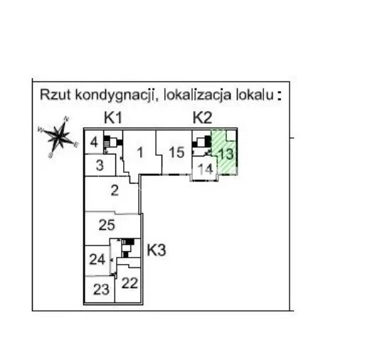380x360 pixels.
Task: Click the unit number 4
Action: [x=94, y=142]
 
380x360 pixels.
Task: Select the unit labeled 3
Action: [x=100, y=166]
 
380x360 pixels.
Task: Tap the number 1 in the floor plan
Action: [x=140, y=153]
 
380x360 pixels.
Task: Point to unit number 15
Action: [x=176, y=152]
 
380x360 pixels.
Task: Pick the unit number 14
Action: [x=205, y=169]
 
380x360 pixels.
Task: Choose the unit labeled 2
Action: [x=115, y=191]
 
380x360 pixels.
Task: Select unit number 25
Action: [x=107, y=225]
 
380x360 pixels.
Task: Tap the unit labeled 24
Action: [x=97, y=260]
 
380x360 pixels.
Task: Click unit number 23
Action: [x=101, y=290]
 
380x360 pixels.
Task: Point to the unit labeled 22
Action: [x=130, y=283]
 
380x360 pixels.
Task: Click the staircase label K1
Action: [x=113, y=118]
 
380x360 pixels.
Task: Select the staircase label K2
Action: [x=202, y=118]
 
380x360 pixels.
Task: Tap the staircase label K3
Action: [x=157, y=250]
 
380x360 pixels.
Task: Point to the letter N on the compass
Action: [x=66, y=119]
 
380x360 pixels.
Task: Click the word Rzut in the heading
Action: [x=56, y=94]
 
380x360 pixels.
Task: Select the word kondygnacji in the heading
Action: [x=115, y=95]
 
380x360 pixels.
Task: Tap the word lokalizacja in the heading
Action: [x=198, y=95]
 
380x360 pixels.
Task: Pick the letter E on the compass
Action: [x=76, y=145]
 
